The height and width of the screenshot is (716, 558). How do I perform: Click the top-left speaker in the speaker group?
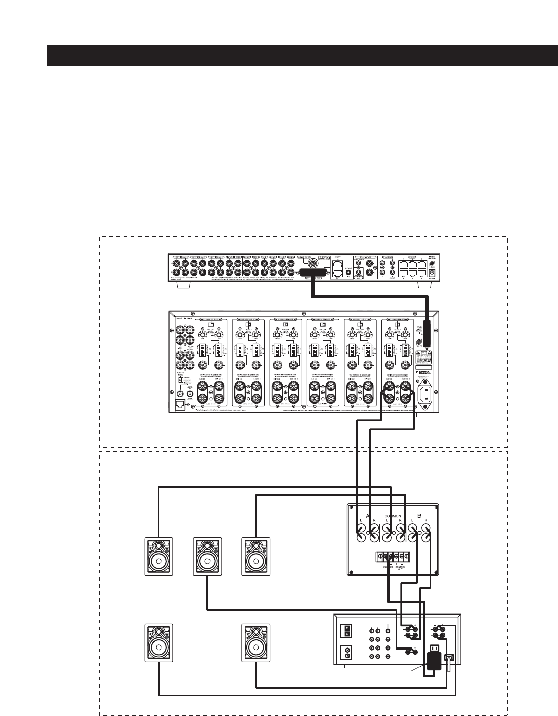159,557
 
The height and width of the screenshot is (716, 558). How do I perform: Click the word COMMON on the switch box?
392,516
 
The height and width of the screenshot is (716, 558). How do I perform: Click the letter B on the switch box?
419,514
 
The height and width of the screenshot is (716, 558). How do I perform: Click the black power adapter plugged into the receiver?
434,663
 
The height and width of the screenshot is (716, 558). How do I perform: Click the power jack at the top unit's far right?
432,273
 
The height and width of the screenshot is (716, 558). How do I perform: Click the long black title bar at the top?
302,55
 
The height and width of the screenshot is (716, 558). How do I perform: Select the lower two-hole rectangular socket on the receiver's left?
347,651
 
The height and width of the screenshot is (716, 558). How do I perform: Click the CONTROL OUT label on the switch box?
401,568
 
